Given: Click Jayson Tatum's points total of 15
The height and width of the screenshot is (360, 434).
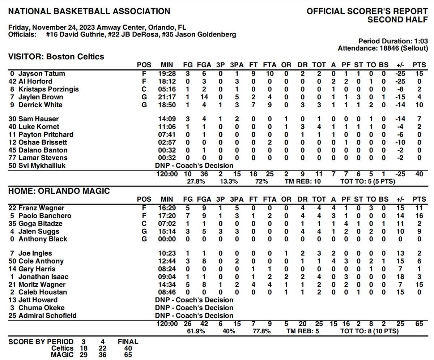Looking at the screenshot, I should coord(419,74).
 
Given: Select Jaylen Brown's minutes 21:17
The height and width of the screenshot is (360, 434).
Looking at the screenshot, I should coord(167,97).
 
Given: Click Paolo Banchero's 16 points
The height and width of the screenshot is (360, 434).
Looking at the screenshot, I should coord(419,216).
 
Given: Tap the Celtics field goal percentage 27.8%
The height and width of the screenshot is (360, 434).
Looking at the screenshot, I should coord(196,181).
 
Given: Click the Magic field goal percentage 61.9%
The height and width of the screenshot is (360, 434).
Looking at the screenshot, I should coord(196,331).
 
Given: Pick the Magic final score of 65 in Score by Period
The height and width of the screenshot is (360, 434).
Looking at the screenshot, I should coord(128,355).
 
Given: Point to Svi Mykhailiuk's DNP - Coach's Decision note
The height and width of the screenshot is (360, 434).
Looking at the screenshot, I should coord(194,166).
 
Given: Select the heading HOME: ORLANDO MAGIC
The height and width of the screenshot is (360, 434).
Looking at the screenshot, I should coord(59,191).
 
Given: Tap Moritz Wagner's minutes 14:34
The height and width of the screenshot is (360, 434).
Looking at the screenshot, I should coord(167,284).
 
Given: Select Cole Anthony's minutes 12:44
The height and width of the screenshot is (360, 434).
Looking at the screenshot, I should coord(167,261).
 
